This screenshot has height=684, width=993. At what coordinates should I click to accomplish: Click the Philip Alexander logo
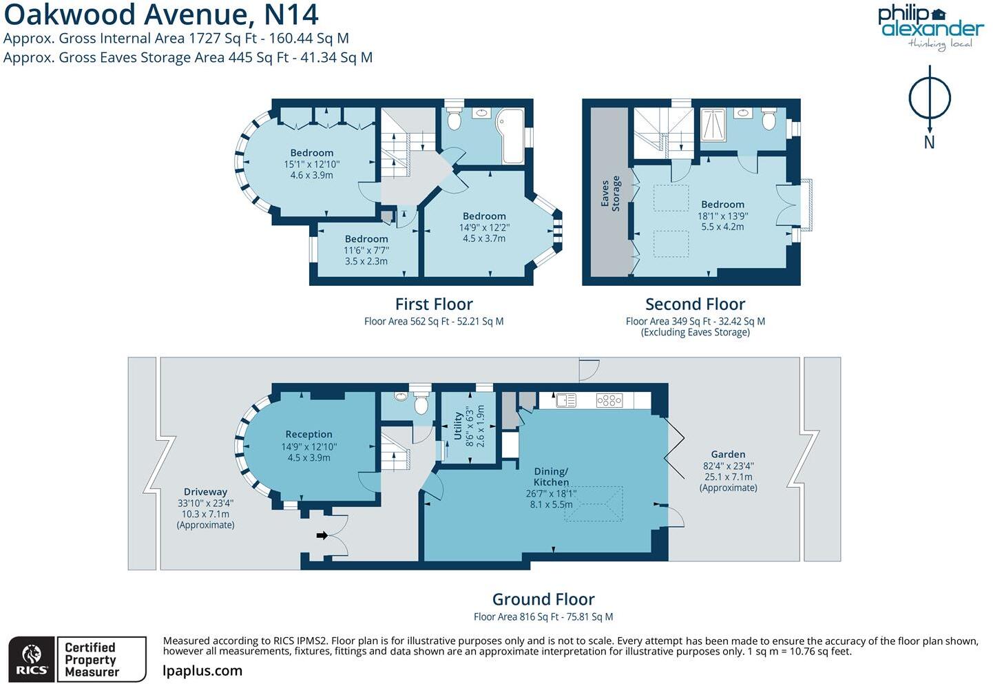(x=930, y=26)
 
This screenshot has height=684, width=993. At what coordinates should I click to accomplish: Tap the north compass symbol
(x=929, y=99)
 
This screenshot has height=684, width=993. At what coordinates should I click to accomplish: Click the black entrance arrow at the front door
(x=322, y=535)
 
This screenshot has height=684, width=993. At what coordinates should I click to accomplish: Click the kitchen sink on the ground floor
(x=566, y=400)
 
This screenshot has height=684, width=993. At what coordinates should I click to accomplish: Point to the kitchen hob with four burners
(x=609, y=400)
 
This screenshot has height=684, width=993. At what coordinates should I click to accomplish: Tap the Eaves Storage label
(x=610, y=194)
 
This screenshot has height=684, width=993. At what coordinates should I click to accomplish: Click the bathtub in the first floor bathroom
(x=513, y=136)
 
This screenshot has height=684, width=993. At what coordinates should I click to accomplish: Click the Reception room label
(x=309, y=435)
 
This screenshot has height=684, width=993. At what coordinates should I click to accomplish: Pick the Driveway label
(x=205, y=492)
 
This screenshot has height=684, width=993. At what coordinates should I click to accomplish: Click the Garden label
(x=728, y=455)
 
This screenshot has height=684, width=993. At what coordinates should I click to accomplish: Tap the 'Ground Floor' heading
(x=543, y=599)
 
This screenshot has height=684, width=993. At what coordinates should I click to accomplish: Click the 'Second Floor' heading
(x=695, y=304)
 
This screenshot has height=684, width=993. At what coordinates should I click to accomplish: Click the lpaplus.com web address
(x=202, y=671)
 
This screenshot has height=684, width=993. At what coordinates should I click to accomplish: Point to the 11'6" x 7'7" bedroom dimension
(x=366, y=251)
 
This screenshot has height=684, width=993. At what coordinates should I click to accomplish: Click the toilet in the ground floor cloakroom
(x=421, y=403)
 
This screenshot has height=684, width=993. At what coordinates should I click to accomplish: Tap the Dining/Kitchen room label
(x=551, y=477)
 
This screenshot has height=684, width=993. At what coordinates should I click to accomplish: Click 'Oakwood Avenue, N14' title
(x=161, y=14)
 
